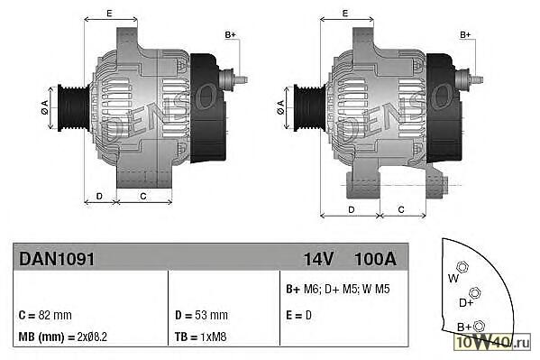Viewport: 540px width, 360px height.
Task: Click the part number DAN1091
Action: pyautogui.click(x=57, y=259)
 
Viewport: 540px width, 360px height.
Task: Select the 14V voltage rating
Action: pyautogui.click(x=318, y=259)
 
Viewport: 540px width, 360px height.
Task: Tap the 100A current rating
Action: pyautogui.click(x=375, y=259)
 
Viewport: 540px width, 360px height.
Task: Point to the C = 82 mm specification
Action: pyautogui.click(x=45, y=315)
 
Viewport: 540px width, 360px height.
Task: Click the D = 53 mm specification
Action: pyautogui.click(x=201, y=315)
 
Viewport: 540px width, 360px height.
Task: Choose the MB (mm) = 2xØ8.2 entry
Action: pyautogui.click(x=63, y=337)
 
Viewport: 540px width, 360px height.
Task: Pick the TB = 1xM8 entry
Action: pyautogui.click(x=201, y=337)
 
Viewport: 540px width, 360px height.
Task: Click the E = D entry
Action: pyautogui.click(x=298, y=315)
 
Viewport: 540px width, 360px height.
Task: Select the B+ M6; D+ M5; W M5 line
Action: pyautogui.click(x=338, y=289)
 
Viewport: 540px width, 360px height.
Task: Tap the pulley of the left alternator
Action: pyautogui.click(x=73, y=107)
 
